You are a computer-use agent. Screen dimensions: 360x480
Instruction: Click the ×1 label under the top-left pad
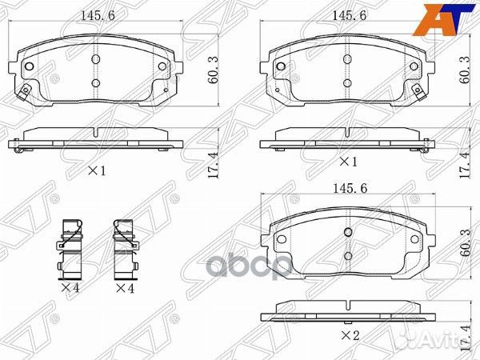[x=97, y=171]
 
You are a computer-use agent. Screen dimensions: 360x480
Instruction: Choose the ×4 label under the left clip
[x=70, y=287]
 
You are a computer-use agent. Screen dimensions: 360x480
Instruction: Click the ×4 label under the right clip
[x=124, y=287]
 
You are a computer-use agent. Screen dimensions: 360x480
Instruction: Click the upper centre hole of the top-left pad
[x=95, y=58]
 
